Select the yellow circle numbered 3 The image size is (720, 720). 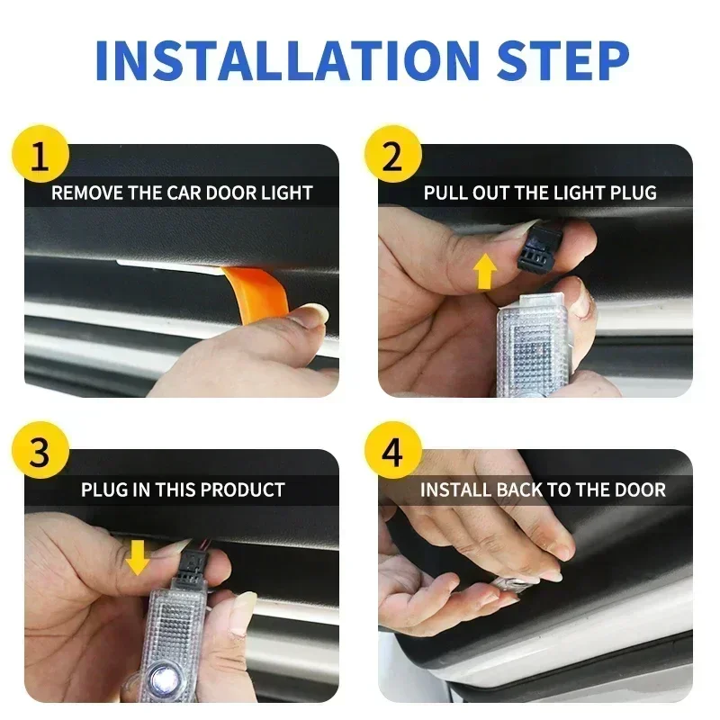pos(39,454)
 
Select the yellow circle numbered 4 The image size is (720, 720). pos(393,454)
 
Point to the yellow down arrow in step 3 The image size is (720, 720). pos(138,557)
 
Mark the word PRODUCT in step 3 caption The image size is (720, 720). pos(242,490)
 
